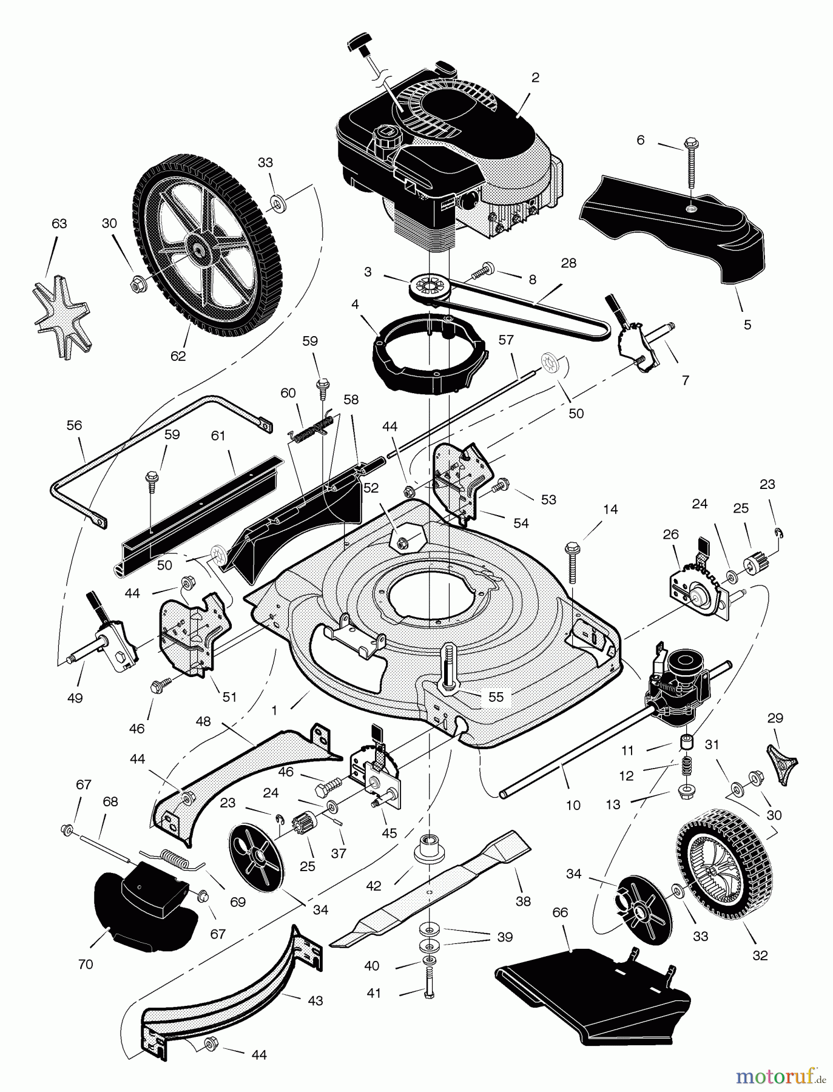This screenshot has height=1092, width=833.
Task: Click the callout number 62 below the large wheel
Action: point(178,356)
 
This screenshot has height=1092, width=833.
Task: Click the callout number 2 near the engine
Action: point(535,78)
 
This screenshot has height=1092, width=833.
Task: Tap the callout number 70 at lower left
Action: point(86,963)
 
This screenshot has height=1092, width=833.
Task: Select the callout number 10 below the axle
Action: point(573,805)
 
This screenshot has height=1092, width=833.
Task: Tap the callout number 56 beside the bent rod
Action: point(74,425)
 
